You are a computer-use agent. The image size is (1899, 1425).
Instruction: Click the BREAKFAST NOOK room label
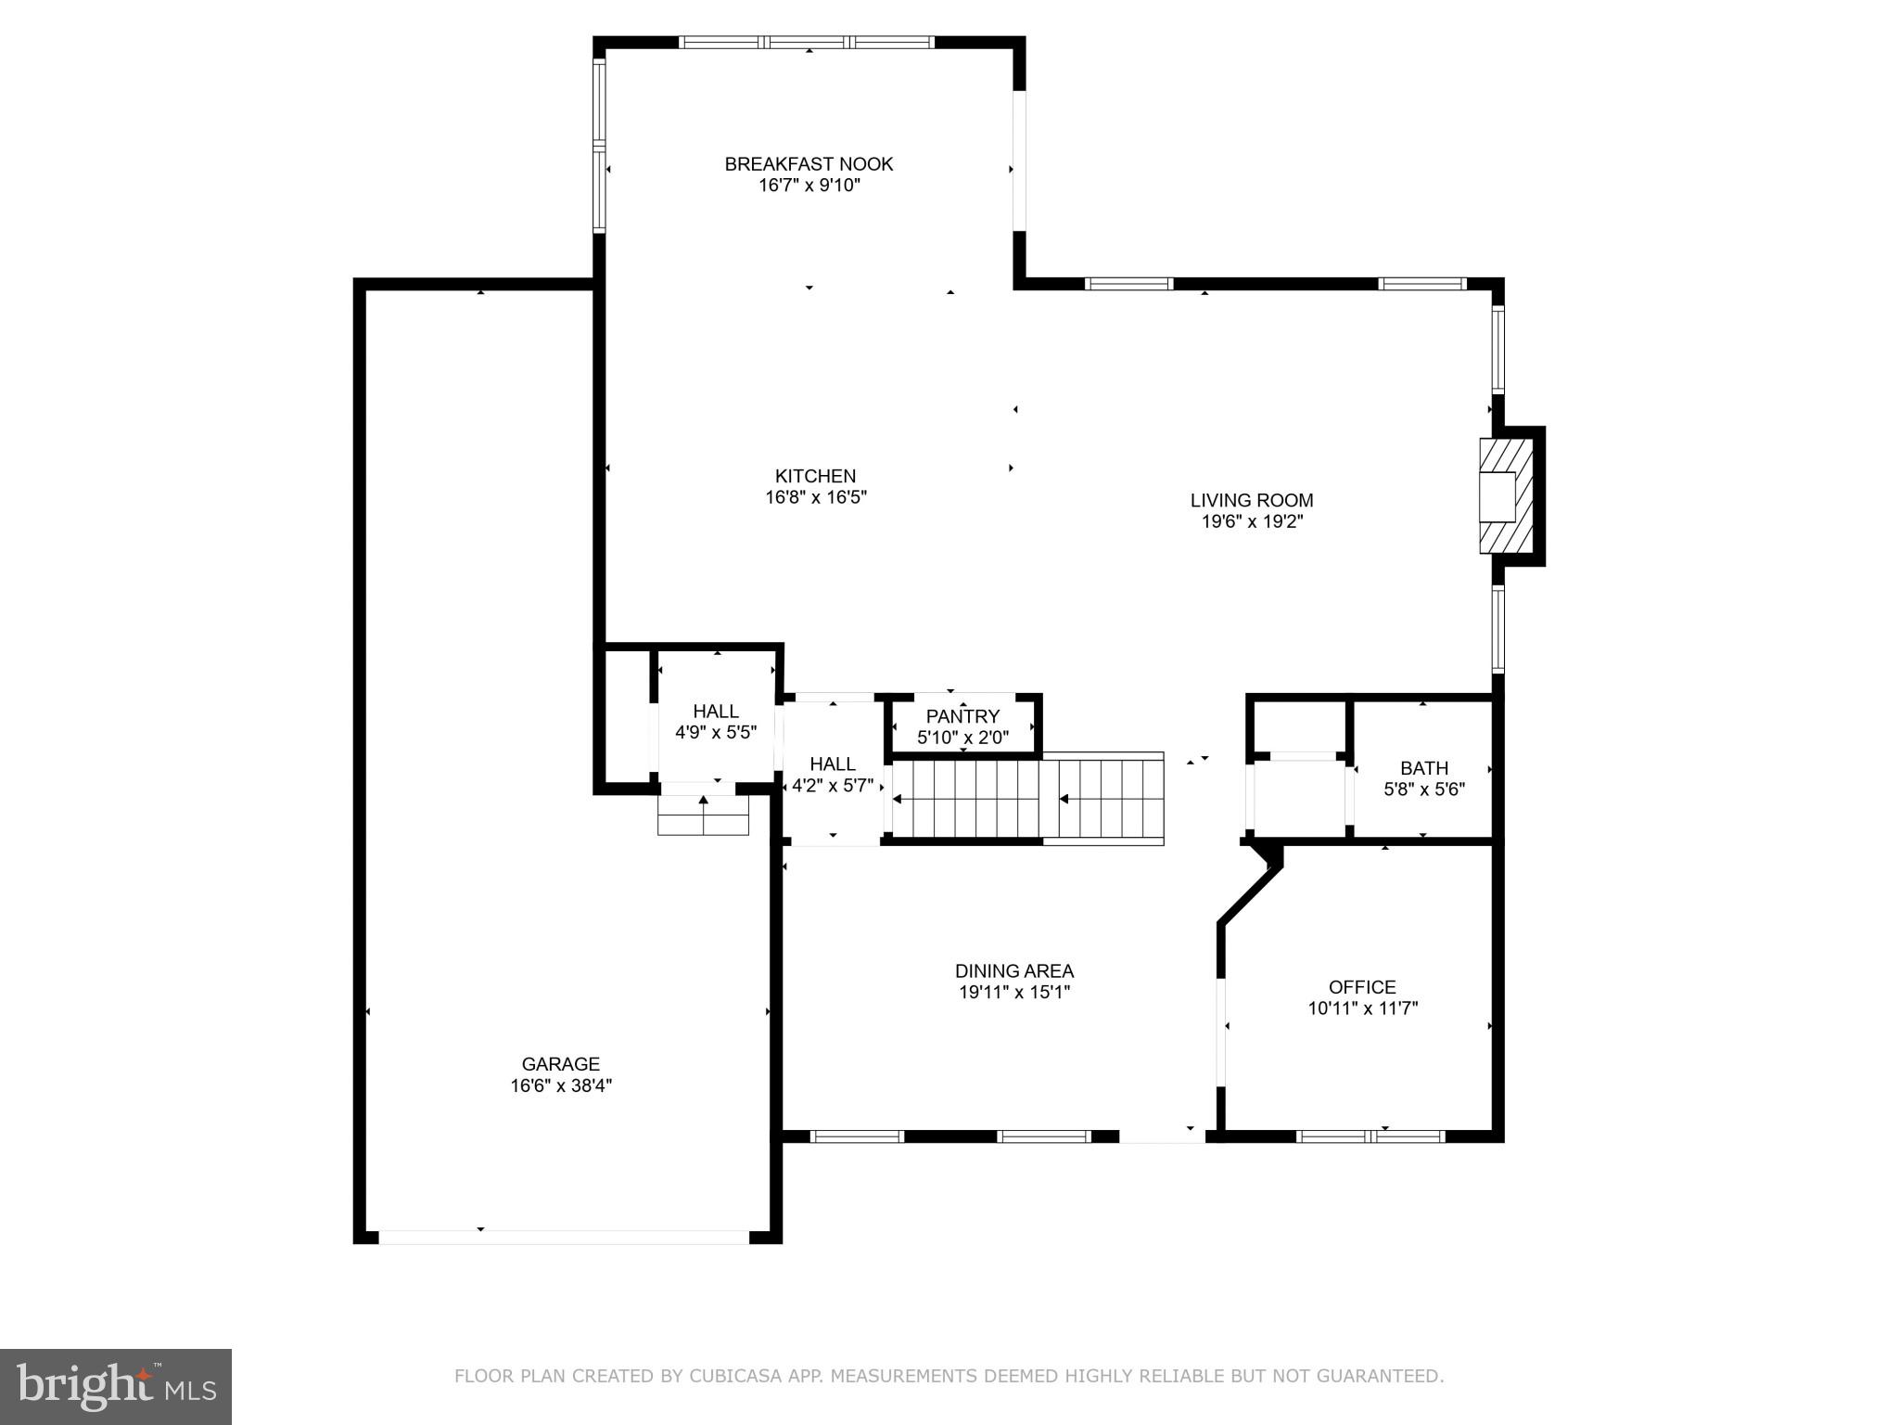(x=809, y=164)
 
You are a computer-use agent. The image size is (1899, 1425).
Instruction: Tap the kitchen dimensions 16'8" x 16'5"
(x=815, y=497)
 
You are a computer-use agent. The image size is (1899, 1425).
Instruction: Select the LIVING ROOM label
(x=1251, y=500)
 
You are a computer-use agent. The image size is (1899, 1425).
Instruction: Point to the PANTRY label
(x=962, y=716)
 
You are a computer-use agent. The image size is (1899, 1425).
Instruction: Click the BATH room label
(x=1423, y=768)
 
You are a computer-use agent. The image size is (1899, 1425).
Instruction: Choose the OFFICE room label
(x=1361, y=987)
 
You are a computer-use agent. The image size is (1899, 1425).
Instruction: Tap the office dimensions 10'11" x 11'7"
(x=1362, y=1008)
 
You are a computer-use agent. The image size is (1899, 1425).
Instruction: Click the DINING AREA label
(x=1013, y=971)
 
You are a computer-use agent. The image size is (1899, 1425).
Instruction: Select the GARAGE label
(x=560, y=1064)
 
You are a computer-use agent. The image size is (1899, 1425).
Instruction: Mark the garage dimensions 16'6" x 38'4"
(x=560, y=1085)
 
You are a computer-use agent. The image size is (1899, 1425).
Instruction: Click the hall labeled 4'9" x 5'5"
(x=715, y=722)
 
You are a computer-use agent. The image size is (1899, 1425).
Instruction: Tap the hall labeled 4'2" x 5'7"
(x=832, y=775)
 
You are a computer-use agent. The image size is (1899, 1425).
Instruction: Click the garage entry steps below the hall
(x=703, y=815)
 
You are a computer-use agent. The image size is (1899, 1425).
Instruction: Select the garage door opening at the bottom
(x=563, y=1237)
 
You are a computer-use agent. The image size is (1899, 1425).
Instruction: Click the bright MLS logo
(x=115, y=1386)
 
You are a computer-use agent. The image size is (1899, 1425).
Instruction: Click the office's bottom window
(x=1370, y=1136)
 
